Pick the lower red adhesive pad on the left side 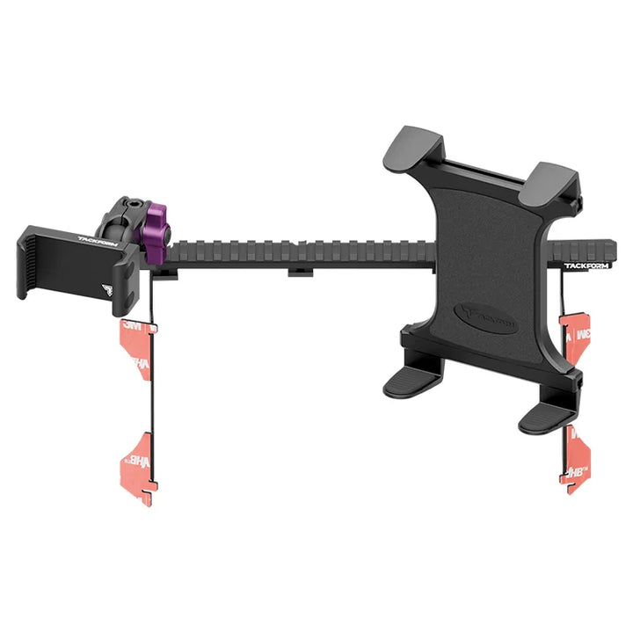(x=139, y=456)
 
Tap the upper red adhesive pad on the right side (x=576, y=339)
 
